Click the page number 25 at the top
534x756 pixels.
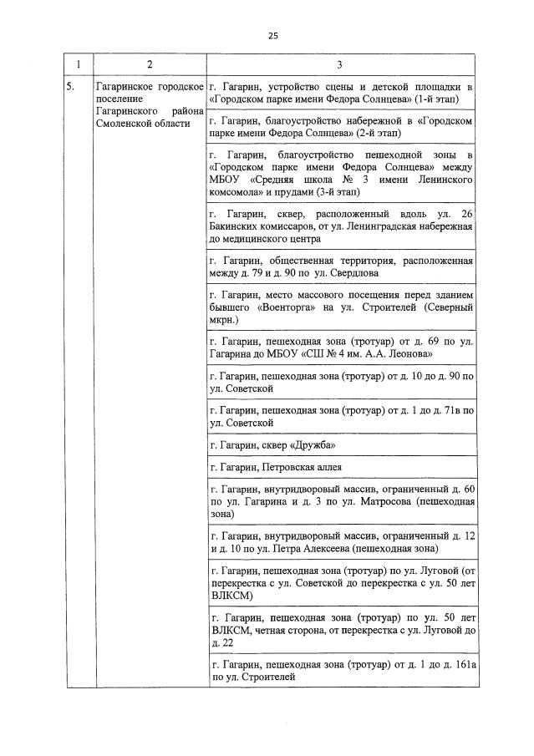click(272, 35)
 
